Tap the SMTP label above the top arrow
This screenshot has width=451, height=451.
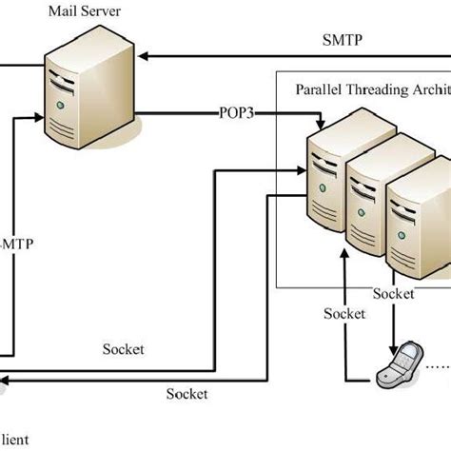[343, 42]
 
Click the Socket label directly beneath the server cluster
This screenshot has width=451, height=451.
[393, 292]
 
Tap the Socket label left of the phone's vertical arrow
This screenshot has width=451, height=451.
[344, 312]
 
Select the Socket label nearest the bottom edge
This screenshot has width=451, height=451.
[186, 392]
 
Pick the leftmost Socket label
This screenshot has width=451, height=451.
[124, 349]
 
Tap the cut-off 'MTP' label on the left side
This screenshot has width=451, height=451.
[19, 243]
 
